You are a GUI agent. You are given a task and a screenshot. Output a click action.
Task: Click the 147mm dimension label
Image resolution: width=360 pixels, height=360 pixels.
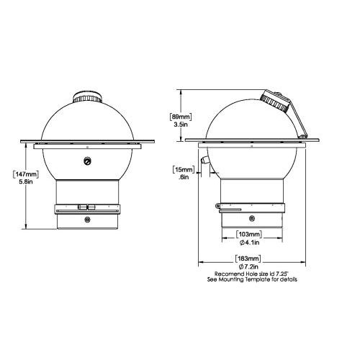point(26,174)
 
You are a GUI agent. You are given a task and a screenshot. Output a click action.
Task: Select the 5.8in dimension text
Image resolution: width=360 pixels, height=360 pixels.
point(26,181)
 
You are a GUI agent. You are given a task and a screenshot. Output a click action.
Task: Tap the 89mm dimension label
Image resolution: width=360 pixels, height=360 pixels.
point(181,117)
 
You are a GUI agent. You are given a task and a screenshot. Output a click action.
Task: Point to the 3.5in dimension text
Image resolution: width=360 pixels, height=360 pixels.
point(181,125)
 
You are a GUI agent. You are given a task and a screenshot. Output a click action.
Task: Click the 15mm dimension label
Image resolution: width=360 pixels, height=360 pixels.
point(184,170)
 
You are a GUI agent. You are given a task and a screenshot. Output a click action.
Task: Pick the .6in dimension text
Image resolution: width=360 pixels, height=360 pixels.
point(184,177)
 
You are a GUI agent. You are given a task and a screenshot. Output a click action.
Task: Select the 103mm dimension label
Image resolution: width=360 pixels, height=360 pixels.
point(249,234)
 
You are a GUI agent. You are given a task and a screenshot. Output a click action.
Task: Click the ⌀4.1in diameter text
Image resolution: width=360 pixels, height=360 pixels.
point(249,243)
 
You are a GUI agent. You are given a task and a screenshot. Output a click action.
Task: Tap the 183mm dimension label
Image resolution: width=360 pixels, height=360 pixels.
point(248,258)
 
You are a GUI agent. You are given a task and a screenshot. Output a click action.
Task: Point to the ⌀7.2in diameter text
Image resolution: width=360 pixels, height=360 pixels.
point(248,266)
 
